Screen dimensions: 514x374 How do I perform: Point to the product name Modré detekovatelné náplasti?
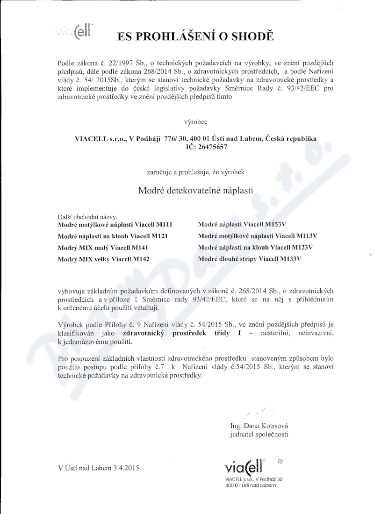click(x=195, y=191)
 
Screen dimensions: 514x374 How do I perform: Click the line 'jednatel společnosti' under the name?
click(x=259, y=435)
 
